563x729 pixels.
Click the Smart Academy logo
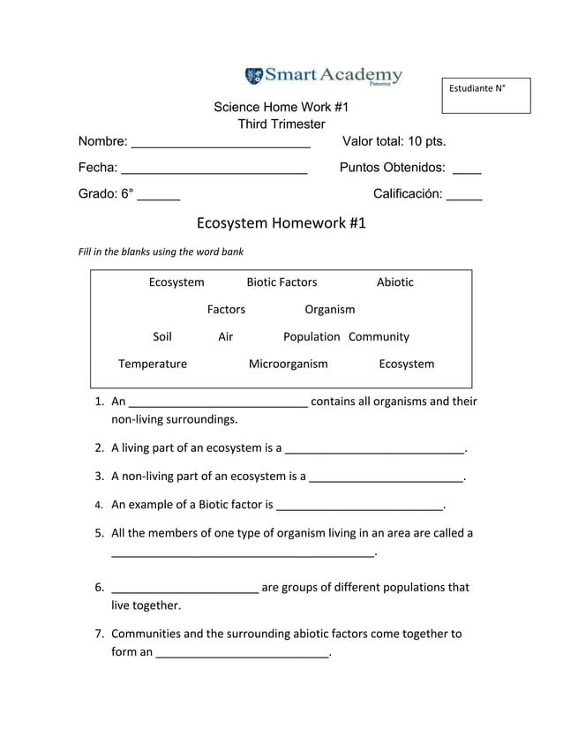click(x=323, y=75)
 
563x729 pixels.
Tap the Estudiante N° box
click(x=486, y=95)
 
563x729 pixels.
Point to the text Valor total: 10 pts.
click(x=394, y=141)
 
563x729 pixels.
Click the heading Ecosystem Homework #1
click(x=281, y=222)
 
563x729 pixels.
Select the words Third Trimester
click(x=281, y=124)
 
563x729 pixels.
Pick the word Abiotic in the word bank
click(x=394, y=282)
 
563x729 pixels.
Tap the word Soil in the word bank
click(x=162, y=337)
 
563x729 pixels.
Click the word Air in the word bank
click(x=225, y=337)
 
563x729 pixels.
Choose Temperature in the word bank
click(x=153, y=364)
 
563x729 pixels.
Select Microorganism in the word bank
click(x=288, y=364)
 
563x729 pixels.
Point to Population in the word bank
click(x=312, y=337)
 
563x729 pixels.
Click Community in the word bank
click(x=379, y=337)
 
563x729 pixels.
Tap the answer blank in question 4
click(x=359, y=508)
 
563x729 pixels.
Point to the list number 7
click(x=101, y=634)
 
